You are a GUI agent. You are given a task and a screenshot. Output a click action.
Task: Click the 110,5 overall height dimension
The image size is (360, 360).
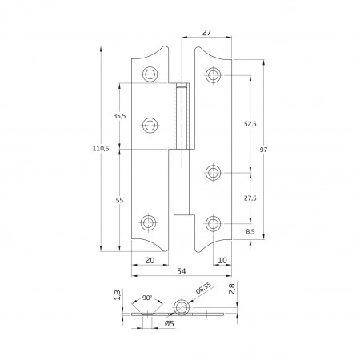[101, 149]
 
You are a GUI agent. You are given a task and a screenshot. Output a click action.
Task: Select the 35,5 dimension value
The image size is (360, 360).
[119, 116]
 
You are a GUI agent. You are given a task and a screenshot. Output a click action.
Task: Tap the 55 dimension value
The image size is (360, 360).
[119, 200]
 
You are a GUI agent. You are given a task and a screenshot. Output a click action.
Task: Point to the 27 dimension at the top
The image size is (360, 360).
[206, 33]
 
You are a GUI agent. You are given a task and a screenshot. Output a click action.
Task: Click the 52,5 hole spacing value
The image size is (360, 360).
[250, 124]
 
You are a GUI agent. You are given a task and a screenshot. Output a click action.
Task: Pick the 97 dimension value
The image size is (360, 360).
[263, 150]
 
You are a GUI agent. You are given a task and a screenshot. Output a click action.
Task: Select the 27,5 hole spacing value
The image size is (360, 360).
[250, 198]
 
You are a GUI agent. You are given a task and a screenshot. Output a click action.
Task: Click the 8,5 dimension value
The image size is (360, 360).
[250, 231]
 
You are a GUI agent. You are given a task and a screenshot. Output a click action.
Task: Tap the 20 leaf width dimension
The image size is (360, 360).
[150, 260]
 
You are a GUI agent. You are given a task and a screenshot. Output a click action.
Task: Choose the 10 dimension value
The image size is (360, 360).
[222, 260]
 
